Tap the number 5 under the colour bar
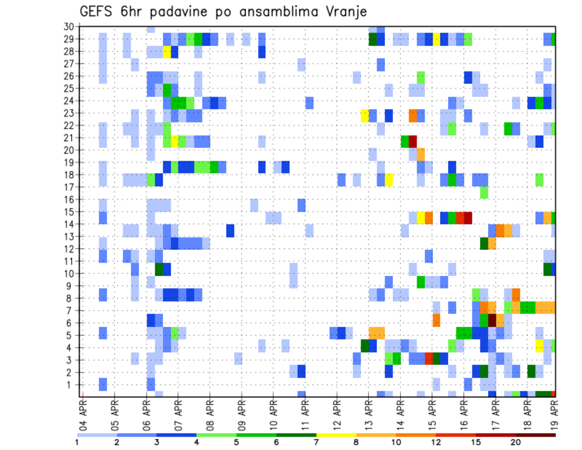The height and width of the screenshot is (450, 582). click(x=236, y=442)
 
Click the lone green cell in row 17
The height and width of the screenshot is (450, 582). click(x=484, y=192)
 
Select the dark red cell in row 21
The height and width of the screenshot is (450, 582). click(x=413, y=141)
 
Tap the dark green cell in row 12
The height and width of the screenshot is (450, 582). click(x=484, y=243)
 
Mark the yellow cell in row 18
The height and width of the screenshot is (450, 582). click(x=389, y=180)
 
